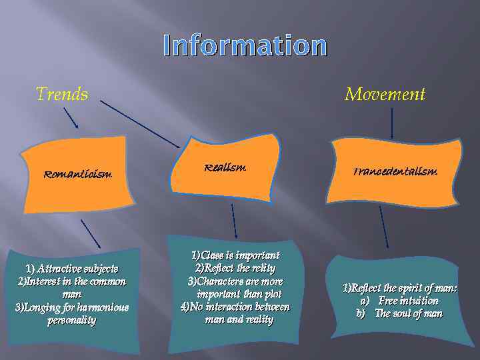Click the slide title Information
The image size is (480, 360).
pyautogui.click(x=245, y=46)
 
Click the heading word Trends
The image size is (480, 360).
pyautogui.click(x=61, y=94)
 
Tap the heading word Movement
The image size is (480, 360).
pyautogui.click(x=385, y=95)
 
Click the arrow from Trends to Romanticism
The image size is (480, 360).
pyautogui.click(x=71, y=118)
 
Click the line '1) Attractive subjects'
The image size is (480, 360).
pyautogui.click(x=72, y=269)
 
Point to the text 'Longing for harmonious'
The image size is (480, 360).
pyautogui.click(x=72, y=307)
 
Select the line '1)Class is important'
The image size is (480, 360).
pyautogui.click(x=235, y=255)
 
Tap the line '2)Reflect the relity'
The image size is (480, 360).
pyautogui.click(x=235, y=268)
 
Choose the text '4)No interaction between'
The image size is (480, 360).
pyautogui.click(x=235, y=307)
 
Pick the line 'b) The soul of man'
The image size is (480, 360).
pyautogui.click(x=399, y=313)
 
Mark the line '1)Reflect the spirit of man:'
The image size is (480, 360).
pyautogui.click(x=399, y=288)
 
